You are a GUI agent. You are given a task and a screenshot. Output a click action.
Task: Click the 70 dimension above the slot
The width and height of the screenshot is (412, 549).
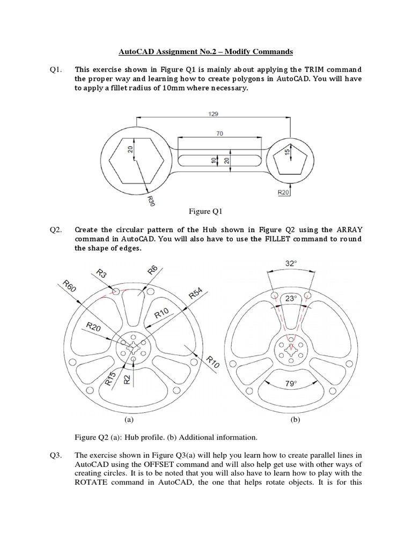pos(219,133)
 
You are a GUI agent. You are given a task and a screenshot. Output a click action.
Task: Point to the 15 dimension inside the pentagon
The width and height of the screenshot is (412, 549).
pos(288,153)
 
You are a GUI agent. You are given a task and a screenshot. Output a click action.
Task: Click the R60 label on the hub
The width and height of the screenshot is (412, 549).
pos(70,286)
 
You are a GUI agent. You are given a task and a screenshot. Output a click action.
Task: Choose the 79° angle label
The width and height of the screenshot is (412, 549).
pos(291,384)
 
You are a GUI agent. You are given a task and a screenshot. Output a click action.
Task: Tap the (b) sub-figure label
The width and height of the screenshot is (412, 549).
pos(295,421)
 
